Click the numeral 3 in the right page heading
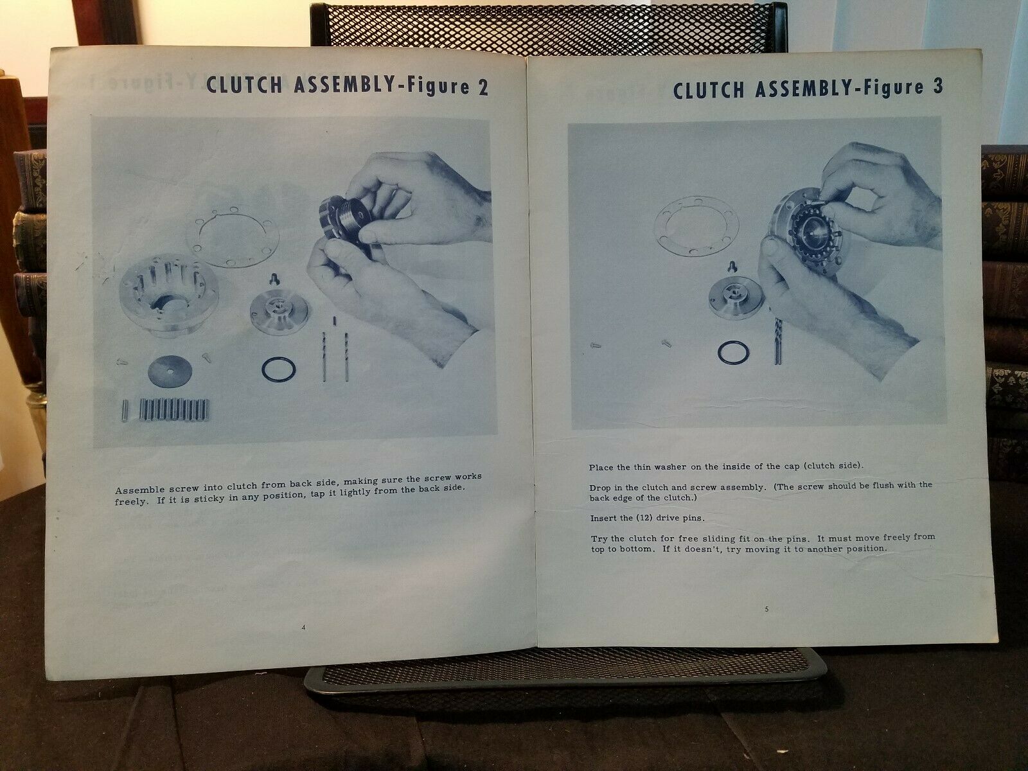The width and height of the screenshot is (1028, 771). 937,87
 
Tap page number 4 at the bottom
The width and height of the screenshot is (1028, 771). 303,628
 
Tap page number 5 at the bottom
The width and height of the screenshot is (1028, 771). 767,609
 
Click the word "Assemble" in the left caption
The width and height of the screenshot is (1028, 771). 139,490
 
